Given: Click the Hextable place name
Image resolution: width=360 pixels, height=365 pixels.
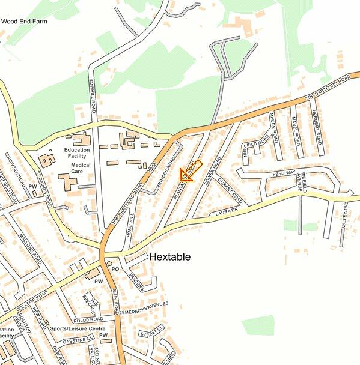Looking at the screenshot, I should coord(170,257).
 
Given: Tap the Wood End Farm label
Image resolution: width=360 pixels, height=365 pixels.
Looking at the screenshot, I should coord(25,21).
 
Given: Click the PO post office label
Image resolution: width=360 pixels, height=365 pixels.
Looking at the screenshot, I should coord(116,270).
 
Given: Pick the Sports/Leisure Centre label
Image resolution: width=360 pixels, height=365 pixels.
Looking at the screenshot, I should coord(78,329).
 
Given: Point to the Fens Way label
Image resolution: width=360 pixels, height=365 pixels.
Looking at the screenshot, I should coord(284,173).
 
